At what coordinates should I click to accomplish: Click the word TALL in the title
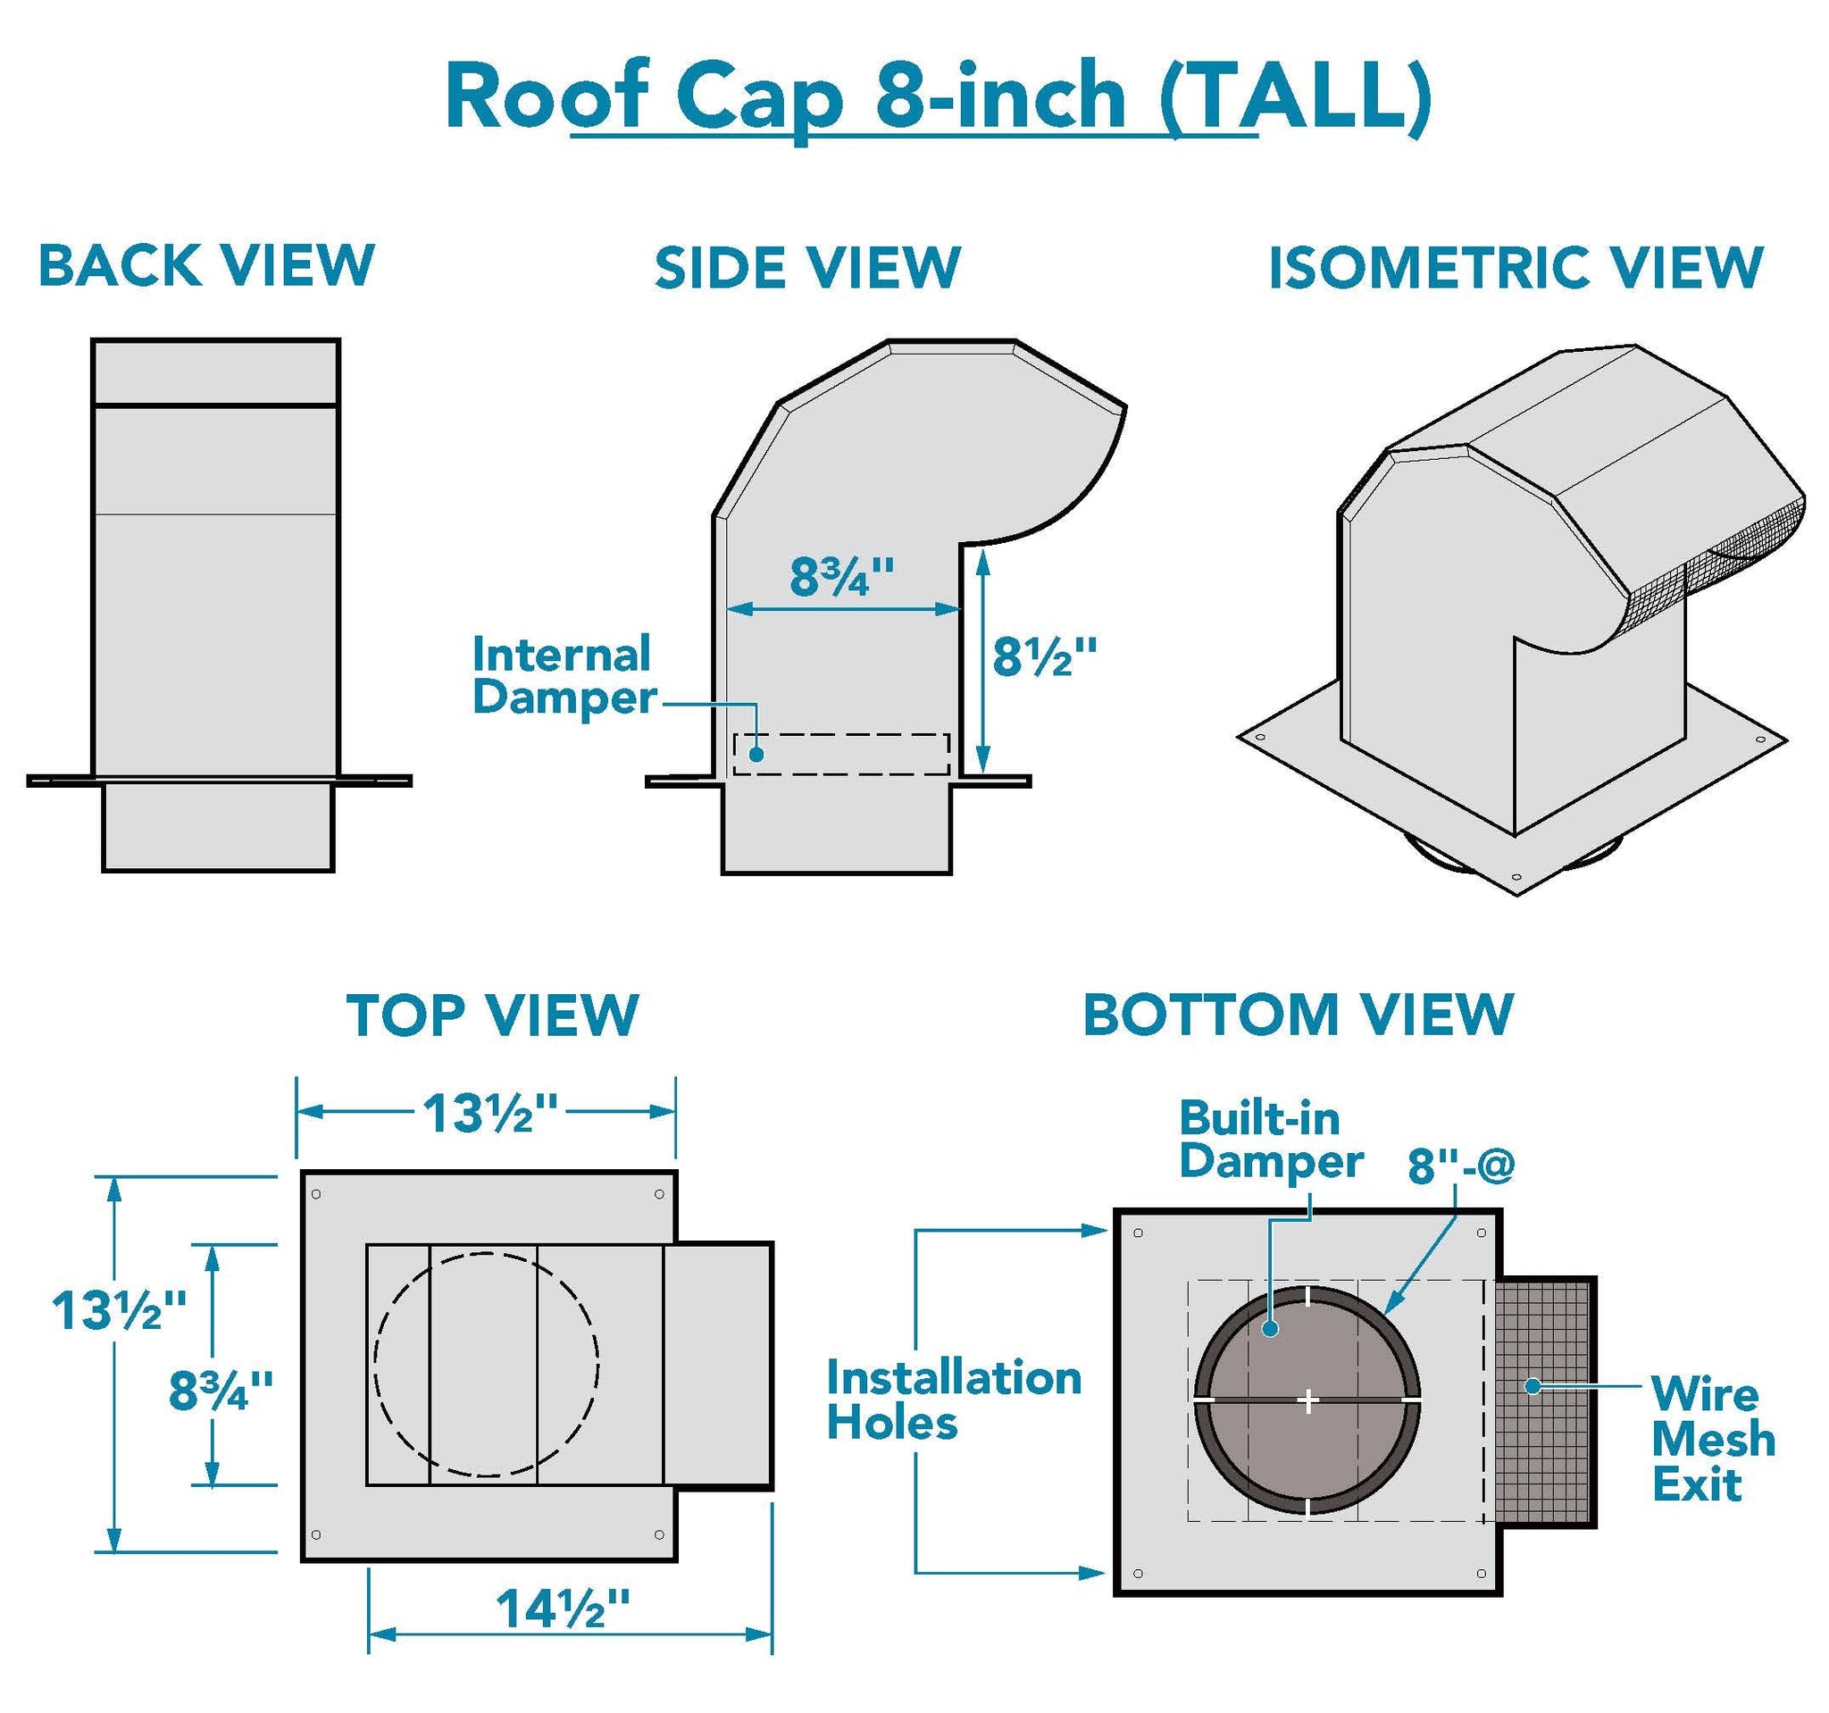[x=1298, y=96]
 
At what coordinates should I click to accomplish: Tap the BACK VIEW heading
[x=206, y=265]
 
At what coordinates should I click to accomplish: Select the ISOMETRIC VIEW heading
[x=1516, y=268]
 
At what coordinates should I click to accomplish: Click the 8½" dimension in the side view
[x=1044, y=658]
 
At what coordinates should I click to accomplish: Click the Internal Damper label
[x=563, y=675]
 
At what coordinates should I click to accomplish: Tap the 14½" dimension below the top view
[x=563, y=1609]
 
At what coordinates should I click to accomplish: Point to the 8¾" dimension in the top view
[x=221, y=1390]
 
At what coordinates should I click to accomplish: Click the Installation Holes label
[x=953, y=1400]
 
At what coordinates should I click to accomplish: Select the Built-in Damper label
[x=1271, y=1140]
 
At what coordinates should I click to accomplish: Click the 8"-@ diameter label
[x=1461, y=1166]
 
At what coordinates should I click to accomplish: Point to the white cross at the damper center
[x=1308, y=1401]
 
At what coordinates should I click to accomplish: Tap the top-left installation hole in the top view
[x=316, y=1194]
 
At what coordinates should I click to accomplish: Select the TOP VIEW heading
[x=492, y=1015]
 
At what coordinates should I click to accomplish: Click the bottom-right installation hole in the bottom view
[x=1481, y=1573]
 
